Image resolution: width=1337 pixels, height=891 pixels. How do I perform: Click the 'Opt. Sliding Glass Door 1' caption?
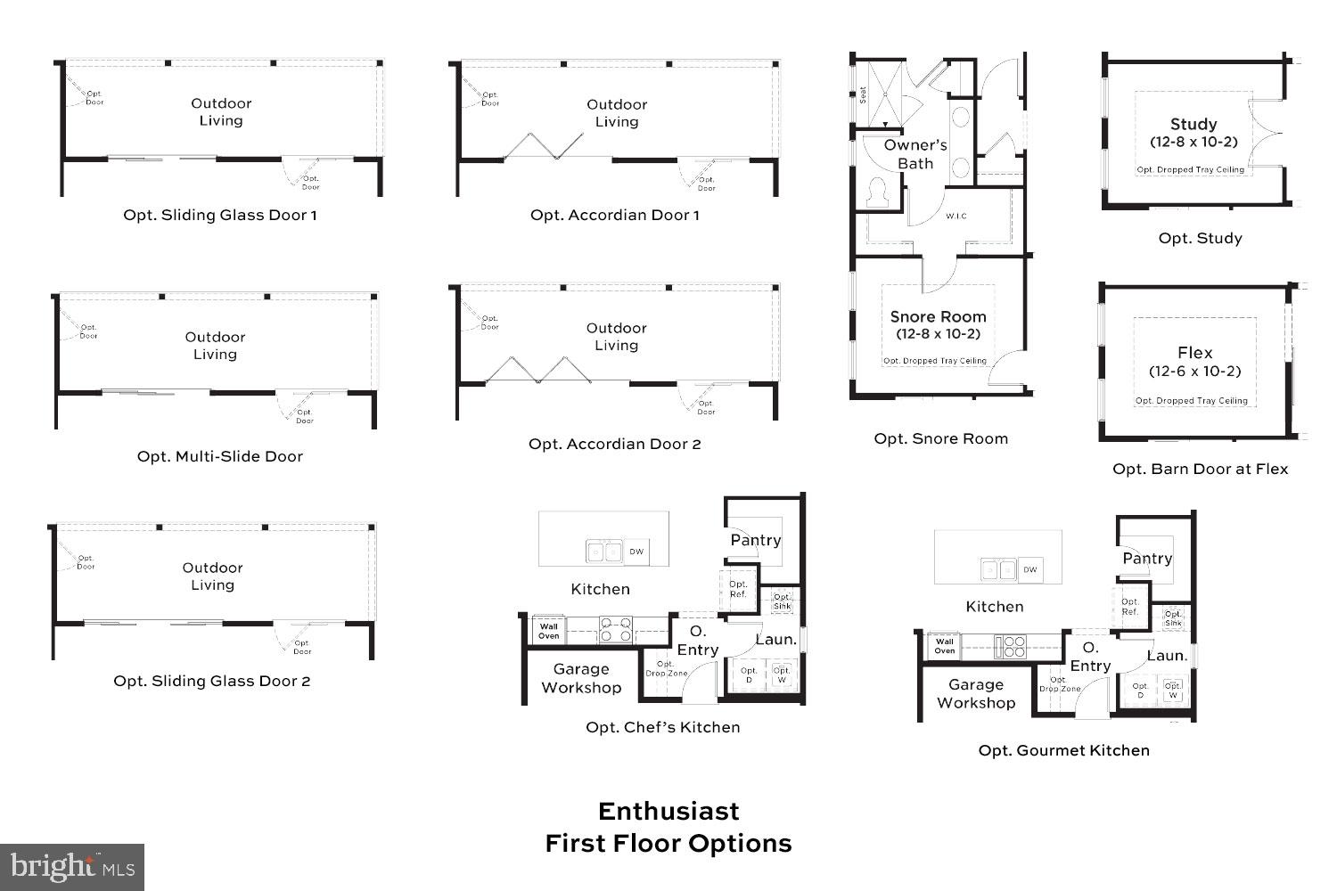[x=219, y=215]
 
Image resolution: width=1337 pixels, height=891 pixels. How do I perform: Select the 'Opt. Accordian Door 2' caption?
[x=614, y=444]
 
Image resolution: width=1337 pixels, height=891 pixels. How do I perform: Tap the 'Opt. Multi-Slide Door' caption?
[x=219, y=456]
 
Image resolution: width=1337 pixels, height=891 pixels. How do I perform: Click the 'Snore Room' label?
[x=938, y=316]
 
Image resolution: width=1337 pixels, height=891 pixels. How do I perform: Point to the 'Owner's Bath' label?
[x=915, y=153]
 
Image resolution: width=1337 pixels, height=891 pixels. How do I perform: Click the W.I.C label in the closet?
[x=956, y=217]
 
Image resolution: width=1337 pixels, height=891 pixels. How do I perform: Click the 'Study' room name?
[x=1193, y=124]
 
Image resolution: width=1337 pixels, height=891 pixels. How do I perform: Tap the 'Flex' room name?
[x=1194, y=353]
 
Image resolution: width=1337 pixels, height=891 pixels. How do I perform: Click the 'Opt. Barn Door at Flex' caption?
[x=1200, y=469]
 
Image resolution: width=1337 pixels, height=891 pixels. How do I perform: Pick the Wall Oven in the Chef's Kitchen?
[x=549, y=631]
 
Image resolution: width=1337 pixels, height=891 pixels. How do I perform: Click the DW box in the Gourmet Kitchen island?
[x=1030, y=569]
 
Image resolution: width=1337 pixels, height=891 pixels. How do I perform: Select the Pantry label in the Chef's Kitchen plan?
[x=755, y=540]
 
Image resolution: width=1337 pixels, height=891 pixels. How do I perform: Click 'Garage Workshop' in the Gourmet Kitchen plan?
[x=975, y=693]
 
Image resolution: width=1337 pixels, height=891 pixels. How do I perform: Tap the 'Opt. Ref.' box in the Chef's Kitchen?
[x=738, y=589]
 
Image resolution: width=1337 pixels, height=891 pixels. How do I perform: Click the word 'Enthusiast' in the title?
[x=668, y=811]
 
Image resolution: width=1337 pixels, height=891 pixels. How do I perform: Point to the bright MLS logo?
[x=71, y=867]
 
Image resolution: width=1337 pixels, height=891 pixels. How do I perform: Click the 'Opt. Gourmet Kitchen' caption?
[x=1063, y=750]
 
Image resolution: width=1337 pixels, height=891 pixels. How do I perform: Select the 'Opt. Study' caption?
[x=1200, y=238]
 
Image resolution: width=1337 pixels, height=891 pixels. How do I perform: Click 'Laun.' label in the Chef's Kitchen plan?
[x=775, y=640]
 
